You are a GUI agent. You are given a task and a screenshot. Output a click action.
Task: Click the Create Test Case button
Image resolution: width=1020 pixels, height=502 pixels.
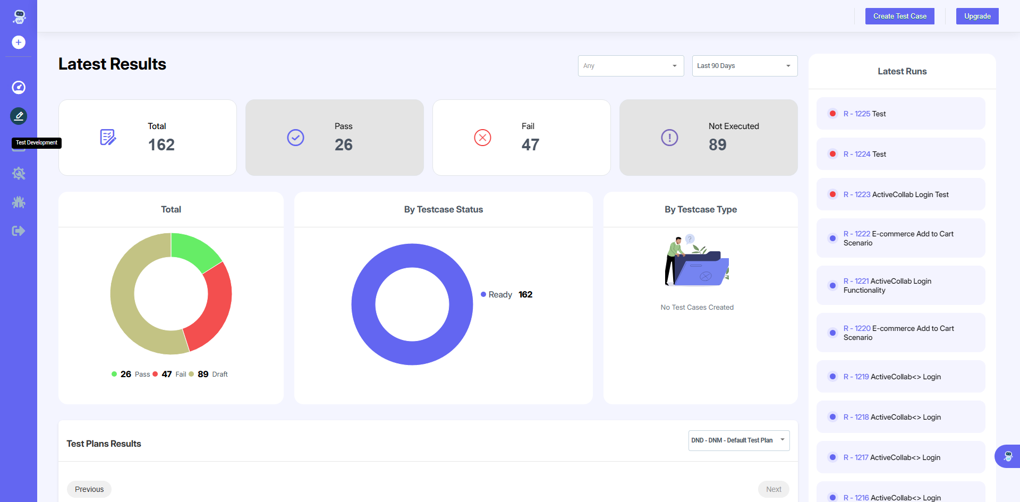click(899, 16)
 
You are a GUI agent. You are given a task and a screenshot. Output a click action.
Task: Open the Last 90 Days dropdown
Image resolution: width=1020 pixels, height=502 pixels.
click(744, 66)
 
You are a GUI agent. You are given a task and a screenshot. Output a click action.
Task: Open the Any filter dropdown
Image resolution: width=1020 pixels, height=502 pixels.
click(631, 66)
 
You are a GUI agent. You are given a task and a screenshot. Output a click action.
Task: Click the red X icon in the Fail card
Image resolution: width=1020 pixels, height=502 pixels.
click(482, 138)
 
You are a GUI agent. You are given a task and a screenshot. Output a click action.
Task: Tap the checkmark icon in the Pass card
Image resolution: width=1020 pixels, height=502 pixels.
click(295, 138)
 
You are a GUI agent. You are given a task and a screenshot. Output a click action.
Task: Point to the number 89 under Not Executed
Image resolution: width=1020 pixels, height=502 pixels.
click(717, 144)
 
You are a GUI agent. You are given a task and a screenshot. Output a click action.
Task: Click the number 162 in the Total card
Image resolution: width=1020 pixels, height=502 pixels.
click(161, 144)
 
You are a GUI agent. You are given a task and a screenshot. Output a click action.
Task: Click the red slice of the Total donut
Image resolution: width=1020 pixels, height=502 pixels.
click(212, 308)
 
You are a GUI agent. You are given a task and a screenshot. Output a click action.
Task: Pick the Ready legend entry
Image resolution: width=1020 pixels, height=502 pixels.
click(499, 295)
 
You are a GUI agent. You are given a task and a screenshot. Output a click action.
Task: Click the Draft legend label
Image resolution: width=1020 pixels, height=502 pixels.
click(219, 375)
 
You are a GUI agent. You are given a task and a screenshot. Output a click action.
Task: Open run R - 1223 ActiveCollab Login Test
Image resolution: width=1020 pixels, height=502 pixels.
click(896, 194)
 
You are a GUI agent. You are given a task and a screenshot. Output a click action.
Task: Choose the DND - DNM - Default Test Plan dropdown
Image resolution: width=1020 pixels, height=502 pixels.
click(738, 440)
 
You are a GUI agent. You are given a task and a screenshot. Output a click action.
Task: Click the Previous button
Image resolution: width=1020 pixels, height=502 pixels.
click(89, 489)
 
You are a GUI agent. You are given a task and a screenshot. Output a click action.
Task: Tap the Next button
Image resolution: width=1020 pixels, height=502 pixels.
click(773, 489)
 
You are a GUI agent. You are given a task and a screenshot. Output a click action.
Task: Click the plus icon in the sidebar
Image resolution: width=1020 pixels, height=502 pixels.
click(19, 42)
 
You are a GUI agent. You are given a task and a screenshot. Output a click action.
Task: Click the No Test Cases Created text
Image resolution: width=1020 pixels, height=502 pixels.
click(697, 308)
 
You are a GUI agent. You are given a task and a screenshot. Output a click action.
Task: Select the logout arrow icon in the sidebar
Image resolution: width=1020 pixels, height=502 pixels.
click(19, 231)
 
